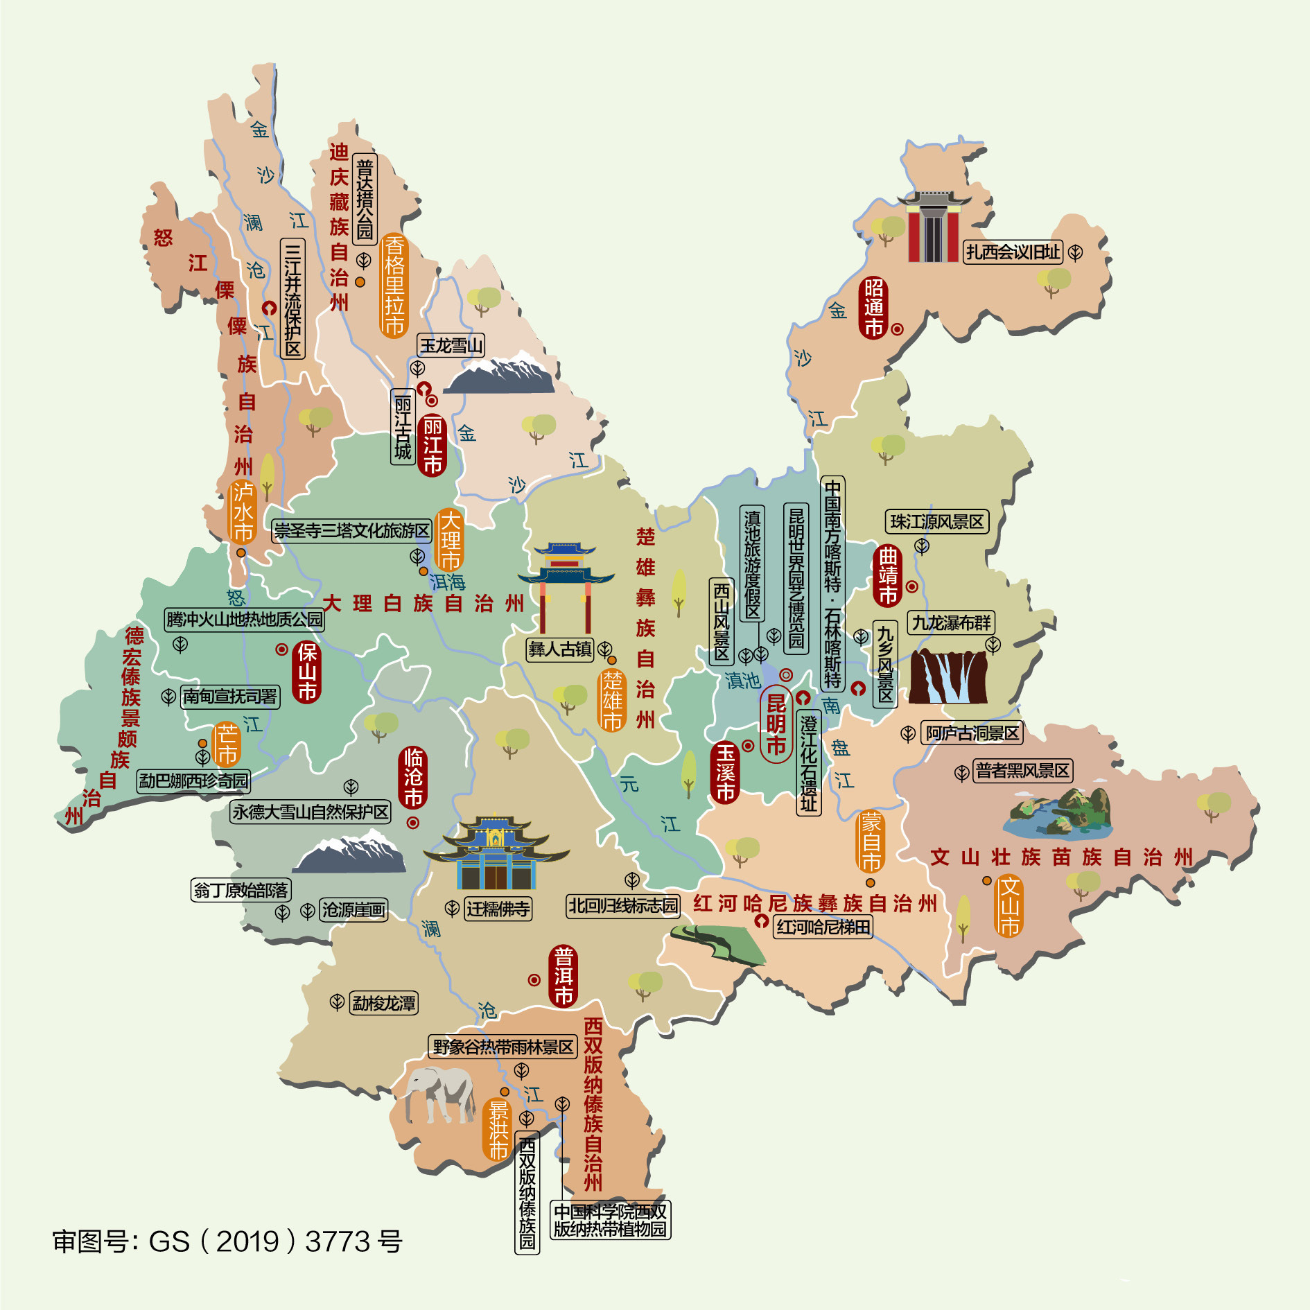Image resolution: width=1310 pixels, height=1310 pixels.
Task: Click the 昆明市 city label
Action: coord(776,724)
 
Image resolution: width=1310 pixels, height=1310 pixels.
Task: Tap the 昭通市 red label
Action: coord(874,308)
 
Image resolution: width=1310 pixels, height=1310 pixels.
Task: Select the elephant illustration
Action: coord(439,1093)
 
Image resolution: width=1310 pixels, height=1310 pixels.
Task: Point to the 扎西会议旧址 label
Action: coord(1013,252)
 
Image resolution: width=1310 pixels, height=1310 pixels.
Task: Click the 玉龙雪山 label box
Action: coord(451,345)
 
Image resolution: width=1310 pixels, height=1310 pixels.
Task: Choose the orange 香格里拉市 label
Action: coord(394,285)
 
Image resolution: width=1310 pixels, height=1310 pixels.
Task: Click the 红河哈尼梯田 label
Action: coord(823,927)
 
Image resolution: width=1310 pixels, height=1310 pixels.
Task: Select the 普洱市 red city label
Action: coord(564,976)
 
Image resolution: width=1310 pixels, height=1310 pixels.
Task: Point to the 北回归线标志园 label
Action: coord(623,905)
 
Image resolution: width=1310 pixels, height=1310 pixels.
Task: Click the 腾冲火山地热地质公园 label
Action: coord(245,619)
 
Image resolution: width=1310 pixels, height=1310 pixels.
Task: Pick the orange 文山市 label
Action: coord(1009,906)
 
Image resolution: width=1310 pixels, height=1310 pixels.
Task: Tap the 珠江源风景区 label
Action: coord(937,522)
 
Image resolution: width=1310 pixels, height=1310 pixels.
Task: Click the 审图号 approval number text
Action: coord(227,1241)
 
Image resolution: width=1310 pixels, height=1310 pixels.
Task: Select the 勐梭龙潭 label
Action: coord(384,1003)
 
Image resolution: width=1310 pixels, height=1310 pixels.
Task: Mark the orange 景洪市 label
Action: coord(498,1129)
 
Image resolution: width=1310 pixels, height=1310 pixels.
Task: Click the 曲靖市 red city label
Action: coord(888,575)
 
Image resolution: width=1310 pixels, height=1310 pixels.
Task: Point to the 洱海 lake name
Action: coord(448,582)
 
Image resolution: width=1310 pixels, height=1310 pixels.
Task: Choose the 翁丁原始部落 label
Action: coord(241,890)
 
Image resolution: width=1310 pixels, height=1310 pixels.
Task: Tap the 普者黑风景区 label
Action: coord(1023,771)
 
